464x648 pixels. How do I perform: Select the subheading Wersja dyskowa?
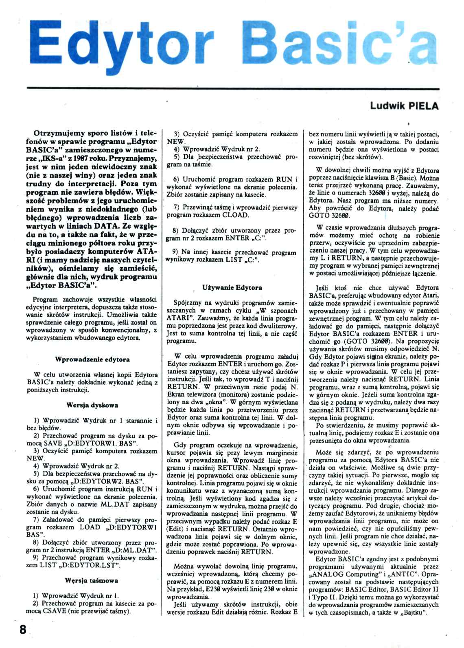coord(92,405)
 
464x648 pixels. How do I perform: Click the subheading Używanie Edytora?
coord(232,287)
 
